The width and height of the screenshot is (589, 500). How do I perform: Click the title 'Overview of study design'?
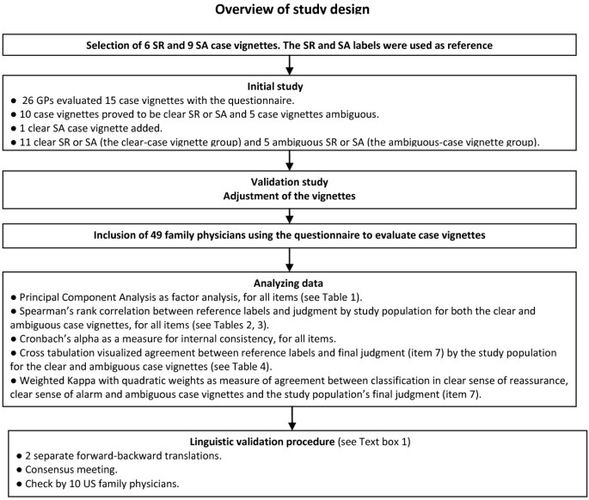(x=295, y=11)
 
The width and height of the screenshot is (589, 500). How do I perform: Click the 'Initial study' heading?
(x=295, y=87)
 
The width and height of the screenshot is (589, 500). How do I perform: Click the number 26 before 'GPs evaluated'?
(x=29, y=101)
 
